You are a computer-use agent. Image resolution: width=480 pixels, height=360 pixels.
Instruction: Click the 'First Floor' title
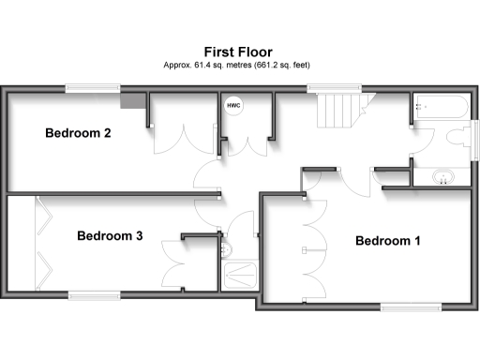pos(240,52)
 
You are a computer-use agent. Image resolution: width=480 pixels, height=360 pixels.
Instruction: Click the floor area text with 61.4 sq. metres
pos(240,66)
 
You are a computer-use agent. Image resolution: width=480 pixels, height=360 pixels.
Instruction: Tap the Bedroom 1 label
pos(387,241)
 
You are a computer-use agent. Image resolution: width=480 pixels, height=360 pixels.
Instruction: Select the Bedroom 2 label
pos(79,134)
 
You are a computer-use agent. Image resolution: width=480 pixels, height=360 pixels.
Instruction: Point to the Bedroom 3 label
pos(110,236)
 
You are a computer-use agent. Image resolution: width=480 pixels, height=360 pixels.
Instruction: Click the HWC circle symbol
pos(232,106)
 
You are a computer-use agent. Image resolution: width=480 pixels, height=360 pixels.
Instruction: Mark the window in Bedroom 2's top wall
pos(93,88)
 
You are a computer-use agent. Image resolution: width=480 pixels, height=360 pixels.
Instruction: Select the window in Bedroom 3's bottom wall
pos(95,295)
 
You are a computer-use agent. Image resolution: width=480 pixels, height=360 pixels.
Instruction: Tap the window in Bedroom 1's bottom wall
pos(410,306)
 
